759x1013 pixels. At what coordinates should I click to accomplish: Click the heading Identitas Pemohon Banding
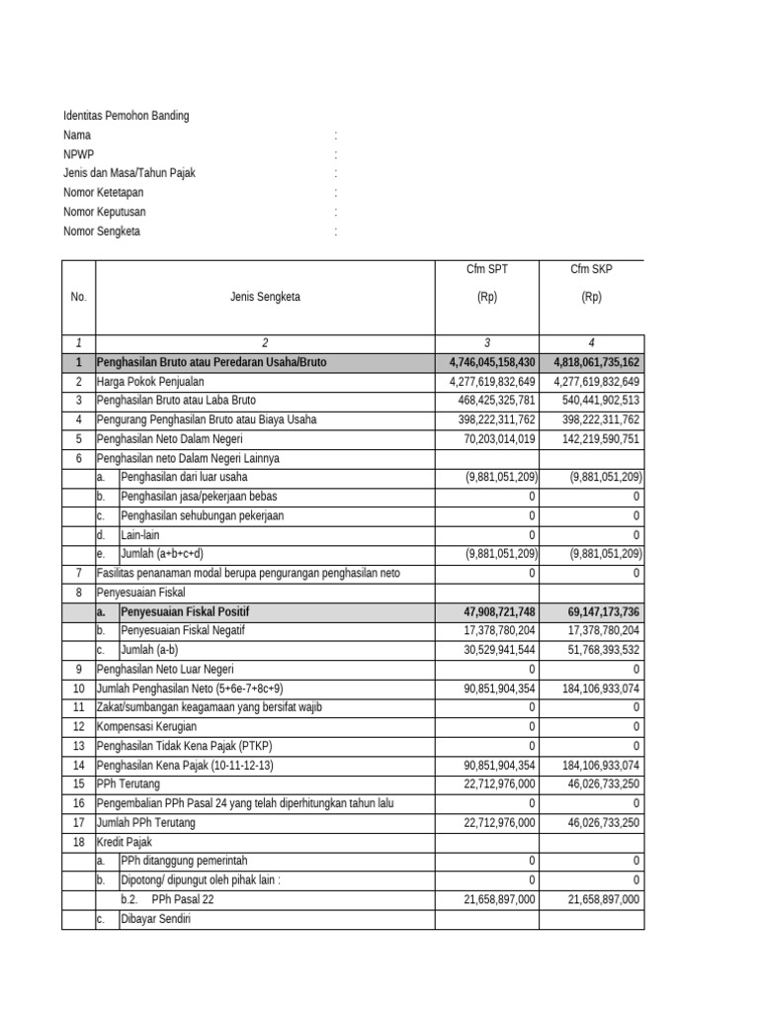click(126, 116)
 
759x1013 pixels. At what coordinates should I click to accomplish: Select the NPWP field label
click(78, 154)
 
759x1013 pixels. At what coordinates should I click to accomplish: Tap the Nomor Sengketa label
click(102, 231)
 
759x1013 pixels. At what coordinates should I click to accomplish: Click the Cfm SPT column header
click(487, 269)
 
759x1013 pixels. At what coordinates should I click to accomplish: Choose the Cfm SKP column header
click(591, 269)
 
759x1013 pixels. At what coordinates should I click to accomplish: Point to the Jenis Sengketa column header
click(265, 297)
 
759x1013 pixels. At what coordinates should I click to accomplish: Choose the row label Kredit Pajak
click(124, 842)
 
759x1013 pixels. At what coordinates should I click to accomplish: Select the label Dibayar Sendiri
click(155, 919)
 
